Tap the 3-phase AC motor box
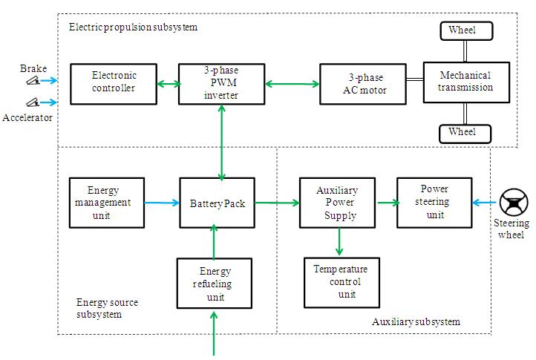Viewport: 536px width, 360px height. [x=363, y=83]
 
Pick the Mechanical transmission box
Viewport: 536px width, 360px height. [x=466, y=82]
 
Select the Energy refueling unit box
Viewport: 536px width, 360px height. [x=214, y=284]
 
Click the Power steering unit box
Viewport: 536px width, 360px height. [x=434, y=201]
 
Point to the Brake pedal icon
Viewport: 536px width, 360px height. [x=32, y=82]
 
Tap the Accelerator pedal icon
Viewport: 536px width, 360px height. [x=32, y=102]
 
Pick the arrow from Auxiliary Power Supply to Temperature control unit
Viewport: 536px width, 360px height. [x=339, y=240]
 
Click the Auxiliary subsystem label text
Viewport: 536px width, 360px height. [x=416, y=322]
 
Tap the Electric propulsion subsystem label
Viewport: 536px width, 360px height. [x=134, y=27]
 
